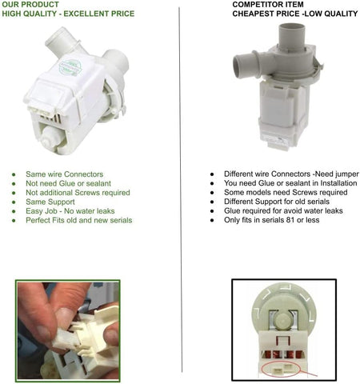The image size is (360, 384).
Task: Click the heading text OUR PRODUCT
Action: [x=30, y=5]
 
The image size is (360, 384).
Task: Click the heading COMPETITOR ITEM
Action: [x=268, y=5]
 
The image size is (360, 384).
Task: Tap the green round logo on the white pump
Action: [x=70, y=68]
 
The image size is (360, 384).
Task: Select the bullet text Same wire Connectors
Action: [x=64, y=174]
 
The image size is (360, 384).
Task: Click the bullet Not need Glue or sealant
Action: [x=68, y=183]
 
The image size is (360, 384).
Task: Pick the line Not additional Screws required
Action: [x=78, y=193]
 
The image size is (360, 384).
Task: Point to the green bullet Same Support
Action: [x=50, y=202]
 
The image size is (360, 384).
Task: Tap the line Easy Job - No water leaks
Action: [x=70, y=211]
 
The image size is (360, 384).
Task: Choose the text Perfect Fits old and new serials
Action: [x=79, y=220]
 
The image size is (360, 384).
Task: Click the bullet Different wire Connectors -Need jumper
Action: [x=291, y=174]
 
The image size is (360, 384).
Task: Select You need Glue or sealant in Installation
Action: [x=290, y=183]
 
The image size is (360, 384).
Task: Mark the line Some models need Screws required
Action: [x=286, y=192]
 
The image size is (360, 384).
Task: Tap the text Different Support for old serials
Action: [x=277, y=202]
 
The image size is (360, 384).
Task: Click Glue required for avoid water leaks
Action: [x=283, y=210]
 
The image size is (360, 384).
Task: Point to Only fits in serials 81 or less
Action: [x=271, y=220]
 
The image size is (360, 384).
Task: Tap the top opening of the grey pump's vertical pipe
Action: [x=291, y=28]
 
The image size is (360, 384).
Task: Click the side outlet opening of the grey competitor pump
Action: [x=238, y=66]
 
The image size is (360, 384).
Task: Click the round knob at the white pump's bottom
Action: [x=52, y=138]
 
